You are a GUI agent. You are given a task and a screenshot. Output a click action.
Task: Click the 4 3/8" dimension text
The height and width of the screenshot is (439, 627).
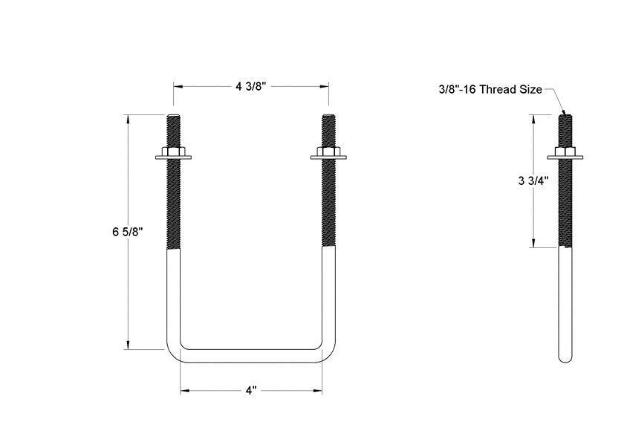250,86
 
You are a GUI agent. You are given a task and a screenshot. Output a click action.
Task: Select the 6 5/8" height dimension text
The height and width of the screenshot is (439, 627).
127,231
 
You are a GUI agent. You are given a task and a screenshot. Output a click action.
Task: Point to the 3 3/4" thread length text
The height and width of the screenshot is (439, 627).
533,181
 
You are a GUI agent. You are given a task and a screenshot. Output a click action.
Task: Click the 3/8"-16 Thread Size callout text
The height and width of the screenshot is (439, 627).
489,90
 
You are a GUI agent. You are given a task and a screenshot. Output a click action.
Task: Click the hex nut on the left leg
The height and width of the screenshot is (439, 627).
173,154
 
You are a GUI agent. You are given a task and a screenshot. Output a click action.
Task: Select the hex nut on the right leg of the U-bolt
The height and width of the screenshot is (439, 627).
329,154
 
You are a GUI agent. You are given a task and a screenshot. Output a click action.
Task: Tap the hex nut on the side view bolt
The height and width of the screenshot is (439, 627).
565,154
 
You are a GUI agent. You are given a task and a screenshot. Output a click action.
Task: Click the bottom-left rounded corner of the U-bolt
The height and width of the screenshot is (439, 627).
173,352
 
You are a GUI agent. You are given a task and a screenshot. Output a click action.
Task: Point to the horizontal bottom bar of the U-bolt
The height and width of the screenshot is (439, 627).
250,356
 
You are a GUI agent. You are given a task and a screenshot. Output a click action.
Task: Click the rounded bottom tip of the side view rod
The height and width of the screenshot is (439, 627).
565,358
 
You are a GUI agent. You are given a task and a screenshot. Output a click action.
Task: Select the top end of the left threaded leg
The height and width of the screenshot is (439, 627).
173,117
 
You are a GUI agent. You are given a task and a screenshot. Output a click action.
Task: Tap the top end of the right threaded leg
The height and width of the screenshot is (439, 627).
329,117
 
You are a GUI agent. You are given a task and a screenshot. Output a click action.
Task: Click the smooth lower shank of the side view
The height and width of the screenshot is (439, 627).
565,297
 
